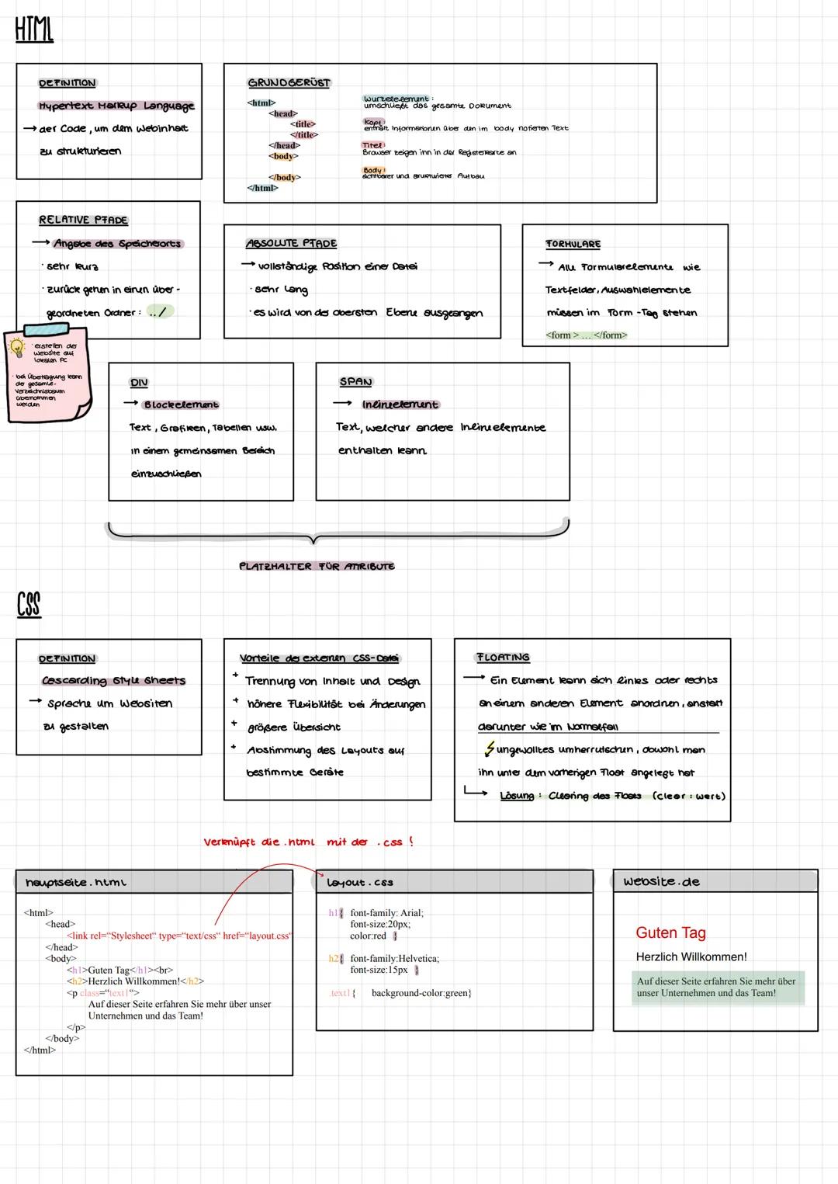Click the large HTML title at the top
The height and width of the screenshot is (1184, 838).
tap(34, 30)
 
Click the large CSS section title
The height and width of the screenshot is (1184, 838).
tap(29, 604)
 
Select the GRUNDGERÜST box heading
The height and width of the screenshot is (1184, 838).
tap(289, 83)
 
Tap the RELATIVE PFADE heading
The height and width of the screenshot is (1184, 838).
tap(83, 220)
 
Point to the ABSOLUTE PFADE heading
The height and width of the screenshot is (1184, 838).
tap(291, 244)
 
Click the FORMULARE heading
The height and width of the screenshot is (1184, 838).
tap(573, 244)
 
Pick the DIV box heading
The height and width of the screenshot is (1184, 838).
tap(139, 383)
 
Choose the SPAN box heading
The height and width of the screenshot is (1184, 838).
tap(355, 382)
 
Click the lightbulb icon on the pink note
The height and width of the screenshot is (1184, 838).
tap(16, 348)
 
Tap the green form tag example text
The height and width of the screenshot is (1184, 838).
tap(586, 335)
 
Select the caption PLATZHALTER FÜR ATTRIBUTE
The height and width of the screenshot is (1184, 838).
tap(317, 567)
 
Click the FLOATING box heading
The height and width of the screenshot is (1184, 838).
tap(503, 658)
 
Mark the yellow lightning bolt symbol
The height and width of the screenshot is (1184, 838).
tap(489, 749)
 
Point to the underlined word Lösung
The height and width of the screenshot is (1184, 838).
tap(517, 796)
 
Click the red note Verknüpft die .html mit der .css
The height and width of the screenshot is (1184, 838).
tap(308, 842)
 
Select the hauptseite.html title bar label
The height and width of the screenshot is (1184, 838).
tap(76, 883)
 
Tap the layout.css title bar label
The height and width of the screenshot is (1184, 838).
tap(360, 883)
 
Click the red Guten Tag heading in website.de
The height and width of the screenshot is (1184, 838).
tap(670, 932)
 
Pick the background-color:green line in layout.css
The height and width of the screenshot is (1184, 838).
tap(421, 993)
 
